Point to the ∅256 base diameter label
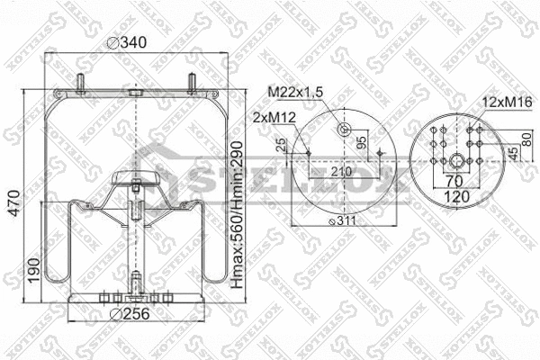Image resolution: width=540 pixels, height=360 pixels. point(128,314)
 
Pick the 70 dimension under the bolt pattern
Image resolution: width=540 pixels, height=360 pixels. point(458,179)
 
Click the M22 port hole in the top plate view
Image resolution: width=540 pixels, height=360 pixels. point(343,131)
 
